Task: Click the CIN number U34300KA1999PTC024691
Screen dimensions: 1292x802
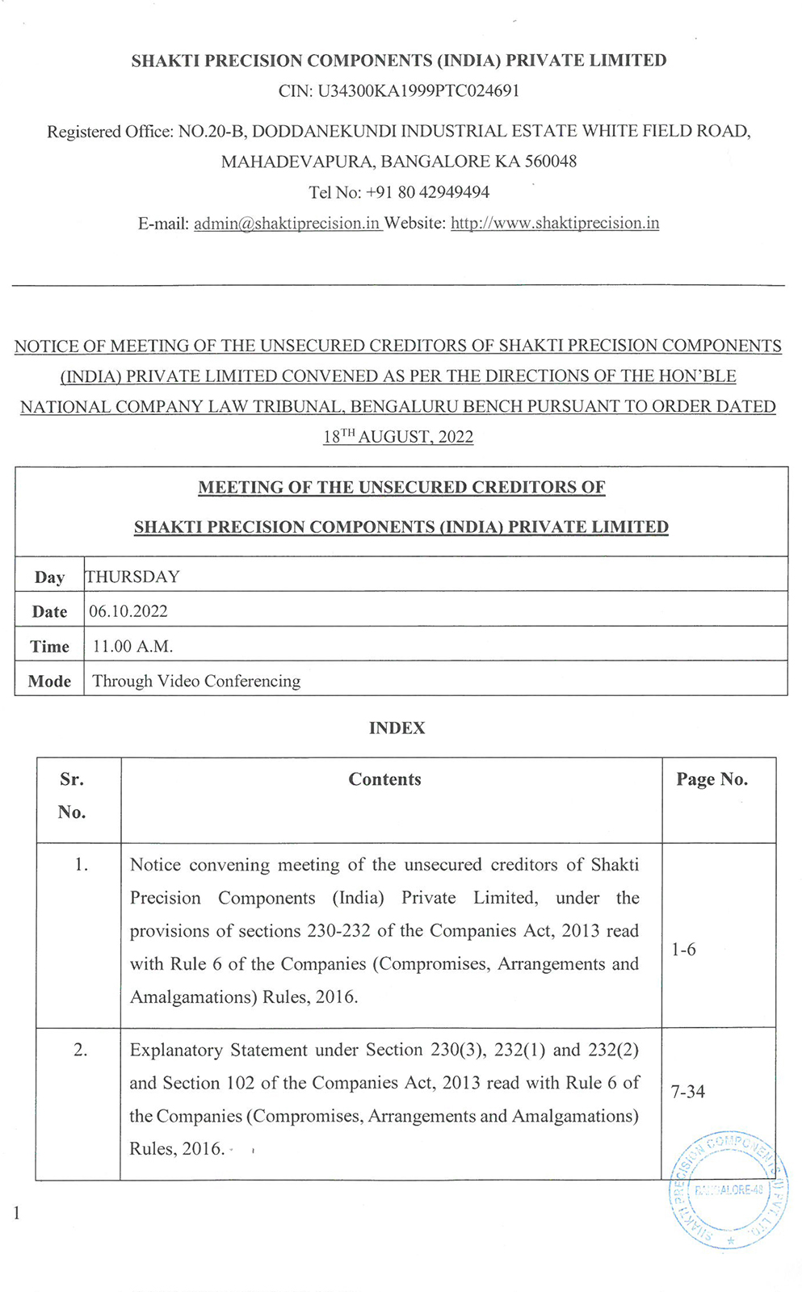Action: coord(418,91)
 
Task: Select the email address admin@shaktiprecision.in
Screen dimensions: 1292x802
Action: coord(287,224)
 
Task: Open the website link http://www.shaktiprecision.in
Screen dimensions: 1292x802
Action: coord(555,223)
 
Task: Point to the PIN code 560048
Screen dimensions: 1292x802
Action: coord(550,161)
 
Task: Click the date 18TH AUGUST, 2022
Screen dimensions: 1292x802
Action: coord(398,437)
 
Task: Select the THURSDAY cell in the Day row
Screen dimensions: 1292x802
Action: coord(132,577)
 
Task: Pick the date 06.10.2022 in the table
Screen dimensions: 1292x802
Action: coord(128,611)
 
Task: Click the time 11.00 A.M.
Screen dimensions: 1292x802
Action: coord(132,646)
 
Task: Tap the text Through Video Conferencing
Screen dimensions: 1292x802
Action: coord(196,681)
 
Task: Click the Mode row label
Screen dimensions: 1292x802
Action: coord(49,681)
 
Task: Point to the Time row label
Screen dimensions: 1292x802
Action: coord(49,646)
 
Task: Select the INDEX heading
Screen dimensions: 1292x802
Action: coord(397,728)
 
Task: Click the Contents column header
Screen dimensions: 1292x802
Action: coord(384,779)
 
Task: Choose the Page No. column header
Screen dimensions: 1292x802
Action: coord(712,779)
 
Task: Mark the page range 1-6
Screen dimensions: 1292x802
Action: coord(683,950)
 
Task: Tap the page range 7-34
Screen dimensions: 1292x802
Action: coord(687,1092)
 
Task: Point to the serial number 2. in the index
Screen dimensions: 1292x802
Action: coord(81,1050)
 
